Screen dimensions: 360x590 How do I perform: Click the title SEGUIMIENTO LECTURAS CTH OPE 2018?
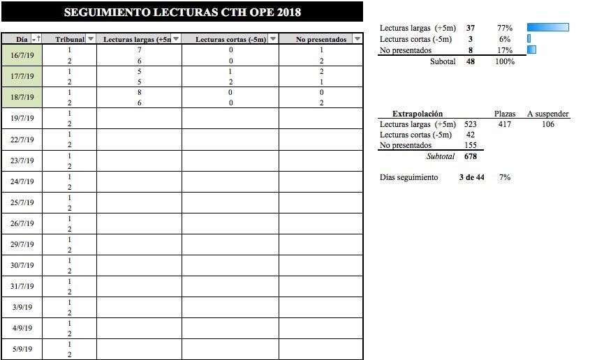click(182, 12)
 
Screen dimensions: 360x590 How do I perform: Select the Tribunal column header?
click(69, 39)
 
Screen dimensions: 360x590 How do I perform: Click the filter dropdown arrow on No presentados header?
click(357, 39)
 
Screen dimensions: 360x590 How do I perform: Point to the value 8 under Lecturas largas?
click(140, 92)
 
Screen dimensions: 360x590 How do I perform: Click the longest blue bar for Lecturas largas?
click(548, 28)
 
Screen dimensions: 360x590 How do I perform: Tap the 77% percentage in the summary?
click(505, 28)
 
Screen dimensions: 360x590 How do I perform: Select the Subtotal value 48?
click(471, 61)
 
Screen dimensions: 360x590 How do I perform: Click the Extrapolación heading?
click(418, 114)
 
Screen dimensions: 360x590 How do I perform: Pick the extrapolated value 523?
click(470, 124)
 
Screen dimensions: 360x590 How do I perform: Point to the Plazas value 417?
click(505, 124)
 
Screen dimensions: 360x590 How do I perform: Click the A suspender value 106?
click(548, 124)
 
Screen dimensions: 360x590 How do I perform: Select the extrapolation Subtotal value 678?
click(470, 156)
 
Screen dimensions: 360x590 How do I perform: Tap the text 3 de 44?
click(471, 177)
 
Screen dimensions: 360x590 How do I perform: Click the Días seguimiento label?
click(409, 177)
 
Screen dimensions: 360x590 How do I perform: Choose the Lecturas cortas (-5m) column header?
click(230, 39)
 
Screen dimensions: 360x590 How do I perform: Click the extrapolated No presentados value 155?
click(470, 145)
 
